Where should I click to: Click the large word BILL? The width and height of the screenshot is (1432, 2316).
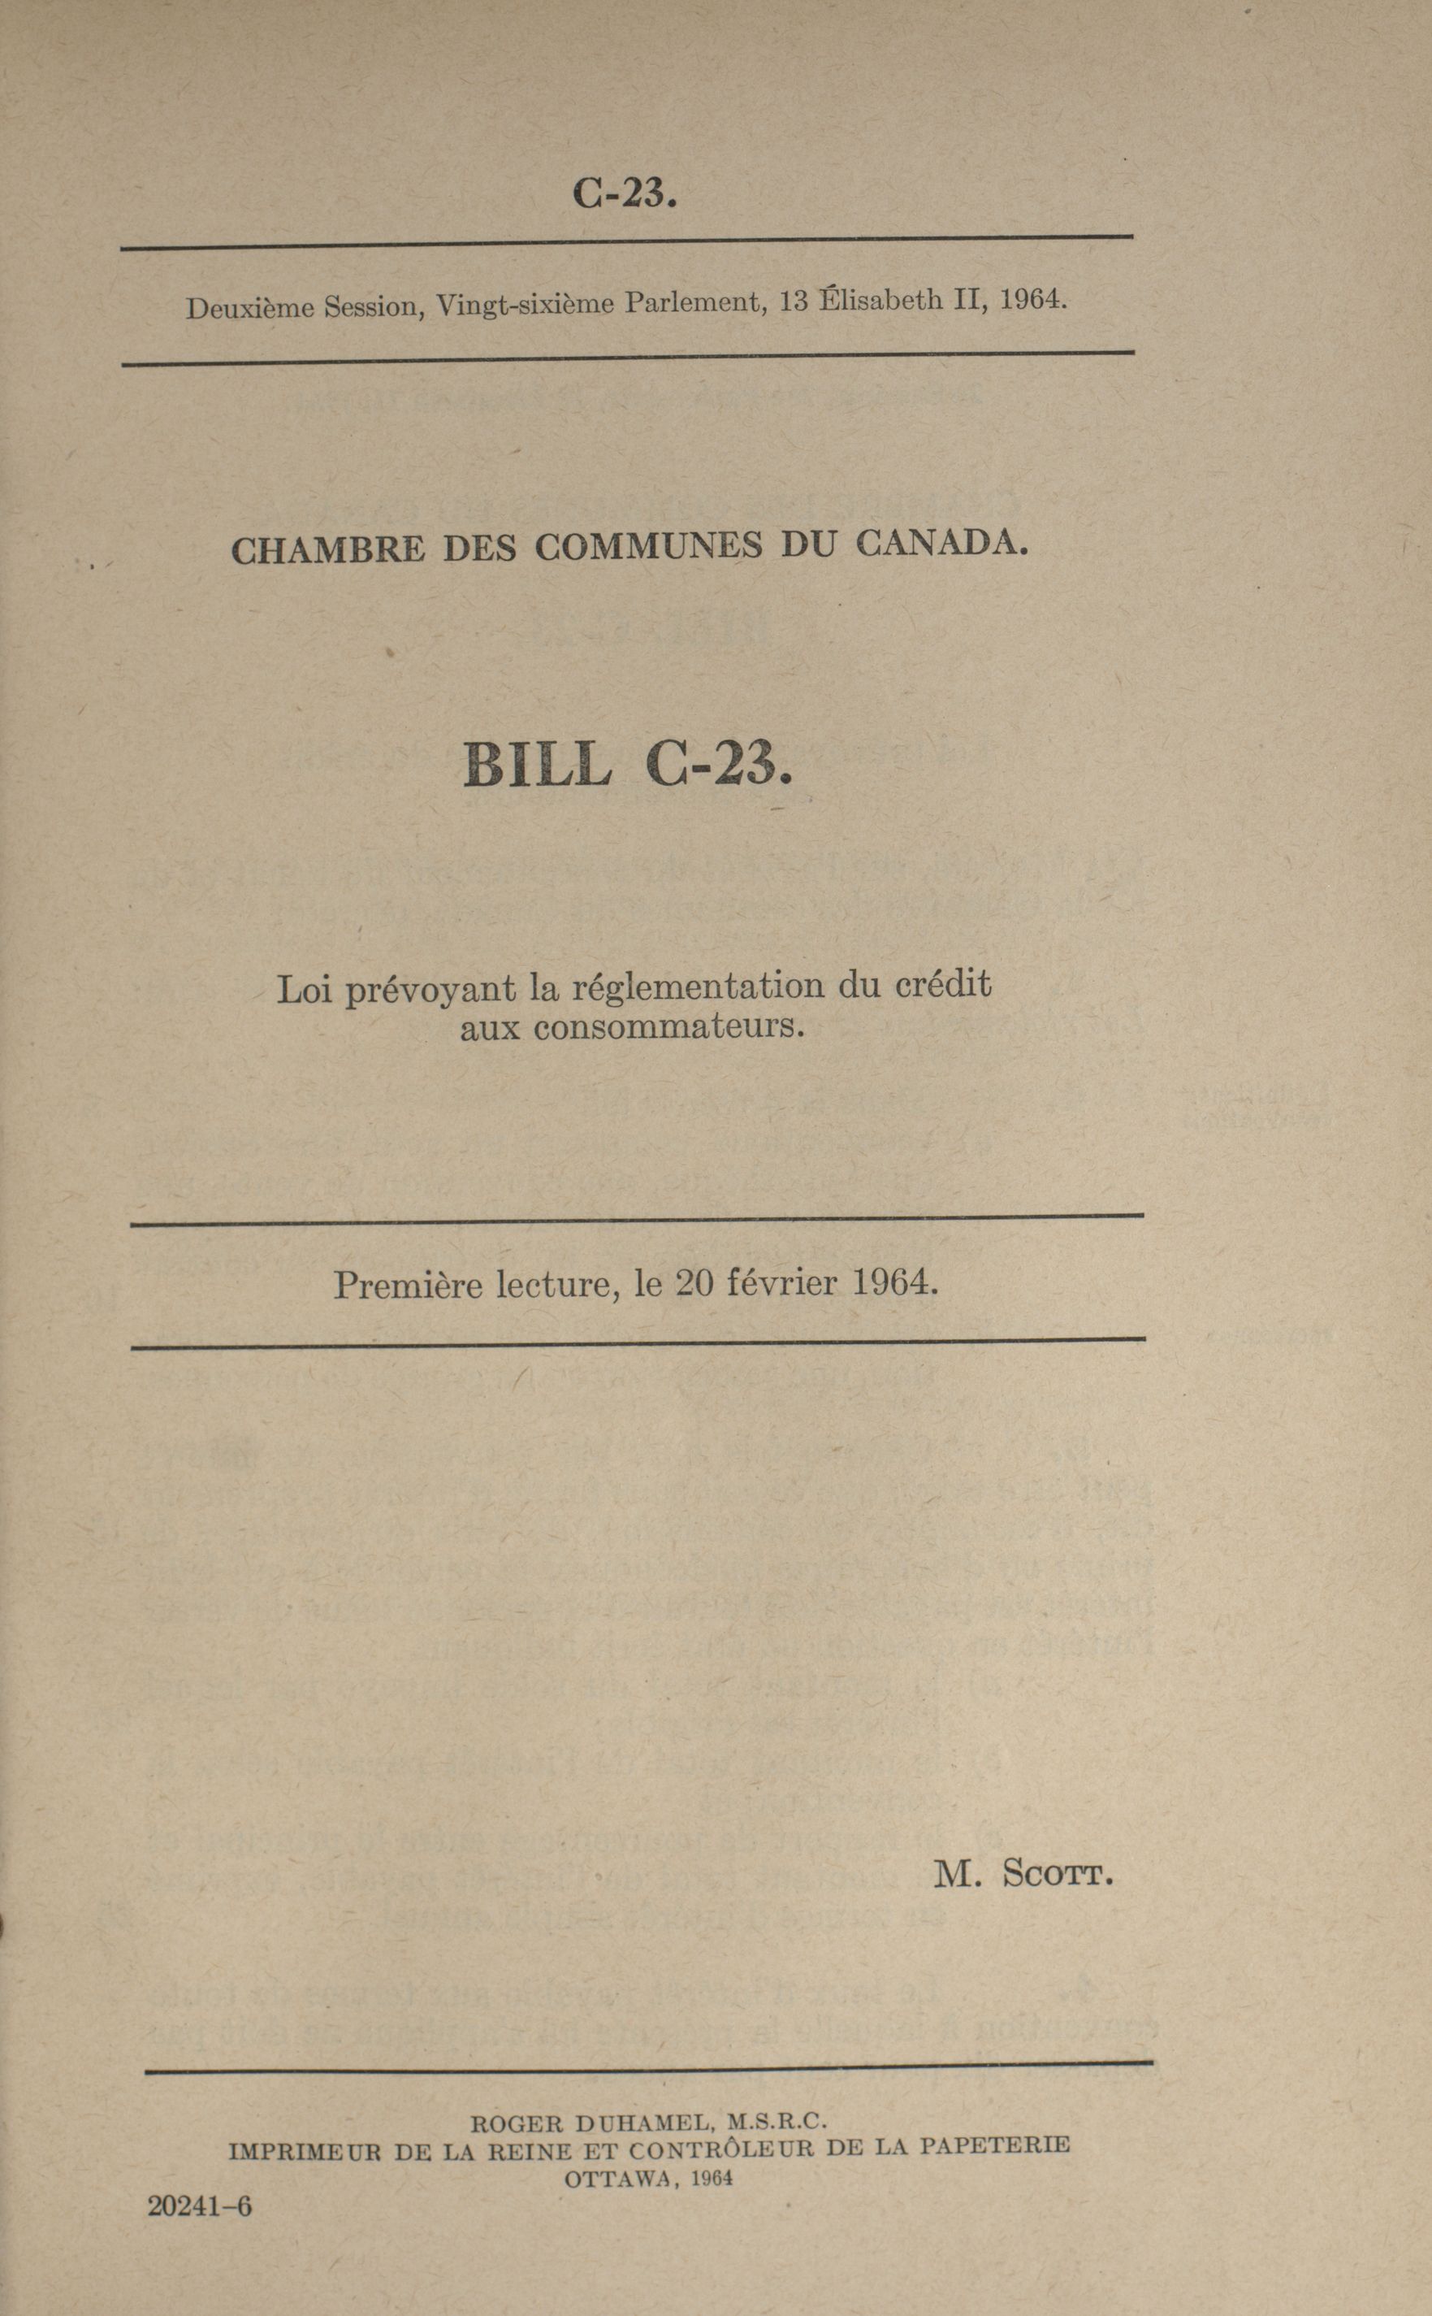(x=537, y=765)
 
